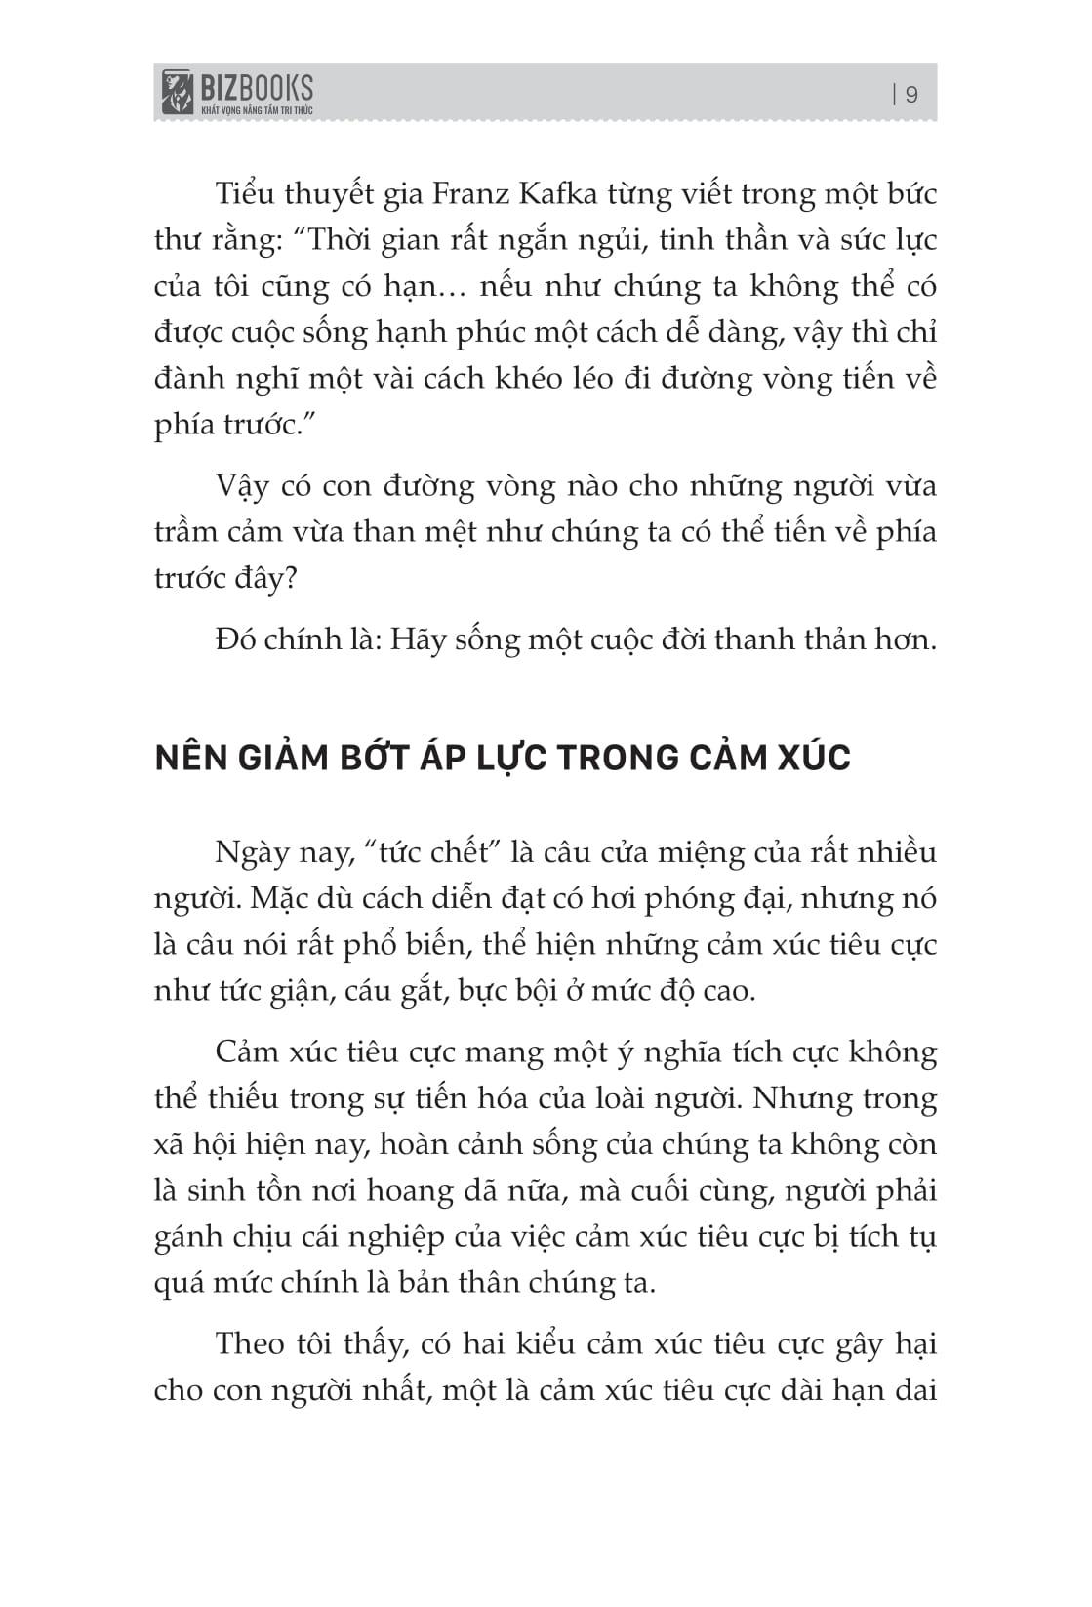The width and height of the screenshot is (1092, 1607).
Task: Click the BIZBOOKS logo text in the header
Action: tap(256, 88)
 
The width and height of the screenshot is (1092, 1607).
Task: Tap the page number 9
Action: tap(912, 95)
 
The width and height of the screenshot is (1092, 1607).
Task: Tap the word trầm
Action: tap(190, 533)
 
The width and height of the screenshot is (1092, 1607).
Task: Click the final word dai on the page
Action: tap(915, 1389)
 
